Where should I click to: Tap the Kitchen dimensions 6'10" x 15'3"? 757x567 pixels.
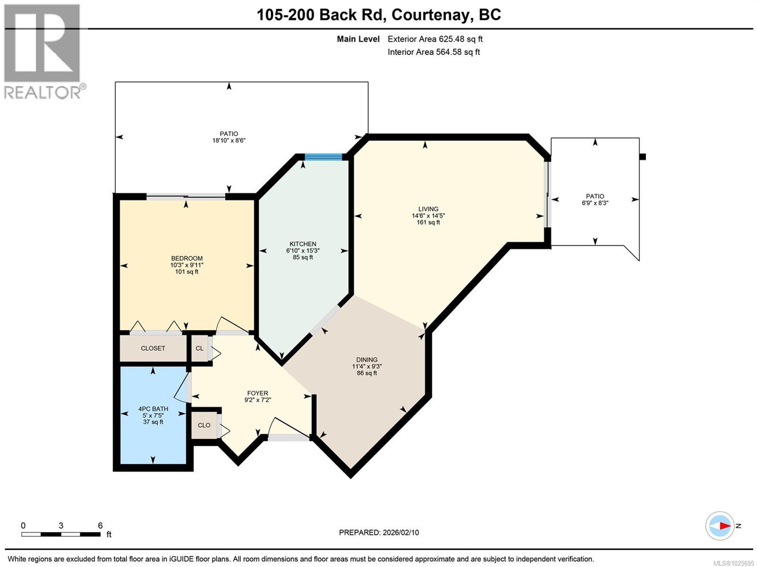303,251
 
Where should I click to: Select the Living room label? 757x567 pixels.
428,209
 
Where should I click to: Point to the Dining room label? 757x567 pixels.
367,360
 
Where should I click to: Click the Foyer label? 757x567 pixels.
257,393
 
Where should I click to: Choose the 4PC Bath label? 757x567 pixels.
153,409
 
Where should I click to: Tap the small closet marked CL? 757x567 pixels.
200,348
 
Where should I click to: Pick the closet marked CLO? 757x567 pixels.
204,425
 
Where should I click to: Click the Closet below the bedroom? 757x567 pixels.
153,348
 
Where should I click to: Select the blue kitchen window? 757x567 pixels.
323,157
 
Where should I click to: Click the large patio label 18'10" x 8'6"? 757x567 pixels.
229,141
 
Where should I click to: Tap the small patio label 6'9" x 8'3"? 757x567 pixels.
595,203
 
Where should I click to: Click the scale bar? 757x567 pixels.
61,534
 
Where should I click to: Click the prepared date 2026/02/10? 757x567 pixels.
379,532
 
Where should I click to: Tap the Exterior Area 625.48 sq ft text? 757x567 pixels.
435,39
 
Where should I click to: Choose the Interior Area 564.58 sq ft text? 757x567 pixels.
433,52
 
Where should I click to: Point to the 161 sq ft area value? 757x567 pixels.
428,222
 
